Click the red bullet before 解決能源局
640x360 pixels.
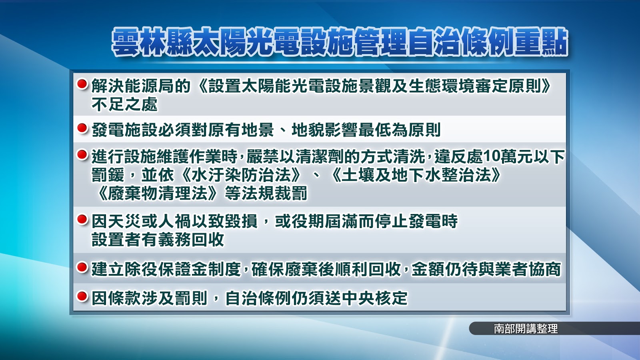pyautogui.click(x=82, y=84)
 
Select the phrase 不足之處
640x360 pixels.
pyautogui.click(x=124, y=104)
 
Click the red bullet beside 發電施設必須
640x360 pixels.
pyautogui.click(x=82, y=128)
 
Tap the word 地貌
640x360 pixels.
pyautogui.click(x=308, y=130)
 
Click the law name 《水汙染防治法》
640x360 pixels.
pyautogui.click(x=240, y=175)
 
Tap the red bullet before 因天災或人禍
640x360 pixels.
pyautogui.click(x=82, y=220)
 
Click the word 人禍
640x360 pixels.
pyautogui.click(x=174, y=221)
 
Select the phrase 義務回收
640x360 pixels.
pyautogui.click(x=191, y=240)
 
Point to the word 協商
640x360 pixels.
pyautogui.click(x=544, y=269)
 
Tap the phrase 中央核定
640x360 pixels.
pyautogui.click(x=374, y=298)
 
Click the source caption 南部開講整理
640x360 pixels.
pyautogui.click(x=526, y=328)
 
